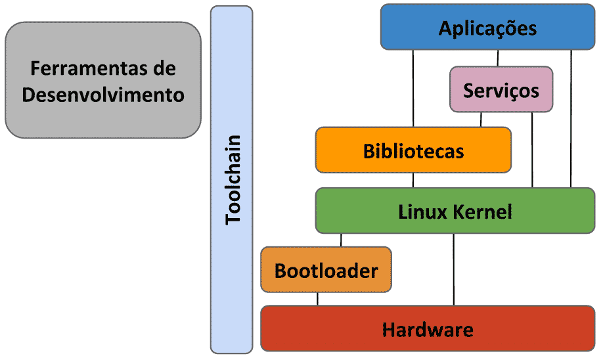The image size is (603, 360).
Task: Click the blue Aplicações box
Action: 487,28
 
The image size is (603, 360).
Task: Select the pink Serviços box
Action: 501,89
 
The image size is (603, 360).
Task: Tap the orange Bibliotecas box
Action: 413,150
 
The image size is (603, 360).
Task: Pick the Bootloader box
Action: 326,270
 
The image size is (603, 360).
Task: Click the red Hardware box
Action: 428,328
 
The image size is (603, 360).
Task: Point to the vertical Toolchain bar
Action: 231,179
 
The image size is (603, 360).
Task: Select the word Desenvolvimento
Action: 103,95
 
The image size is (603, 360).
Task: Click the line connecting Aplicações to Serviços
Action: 497,58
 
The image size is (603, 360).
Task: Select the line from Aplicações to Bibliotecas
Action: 413,88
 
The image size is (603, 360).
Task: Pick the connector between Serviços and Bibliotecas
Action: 481,120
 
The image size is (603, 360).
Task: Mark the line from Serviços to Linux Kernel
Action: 532,150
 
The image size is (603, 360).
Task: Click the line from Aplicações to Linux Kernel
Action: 571,118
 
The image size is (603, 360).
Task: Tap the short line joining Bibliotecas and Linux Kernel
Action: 413,181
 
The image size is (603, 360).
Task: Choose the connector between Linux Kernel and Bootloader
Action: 341,240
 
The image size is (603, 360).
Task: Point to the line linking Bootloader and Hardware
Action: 318,299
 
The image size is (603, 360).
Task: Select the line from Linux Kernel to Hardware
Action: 454,269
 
